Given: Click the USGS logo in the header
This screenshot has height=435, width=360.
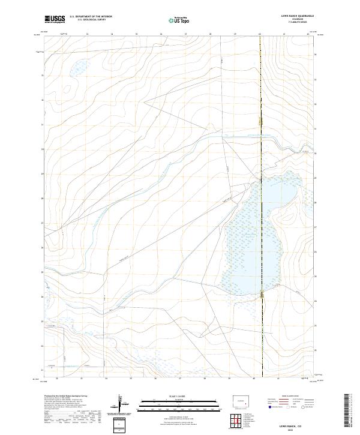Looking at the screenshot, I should pyautogui.click(x=55, y=19).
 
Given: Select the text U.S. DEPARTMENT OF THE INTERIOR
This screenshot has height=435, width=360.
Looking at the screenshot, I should pyautogui.click(x=91, y=17).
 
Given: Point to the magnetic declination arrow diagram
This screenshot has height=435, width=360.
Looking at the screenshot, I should pyautogui.click(x=124, y=404).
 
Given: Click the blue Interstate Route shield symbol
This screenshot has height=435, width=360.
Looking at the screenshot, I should pyautogui.click(x=269, y=407).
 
